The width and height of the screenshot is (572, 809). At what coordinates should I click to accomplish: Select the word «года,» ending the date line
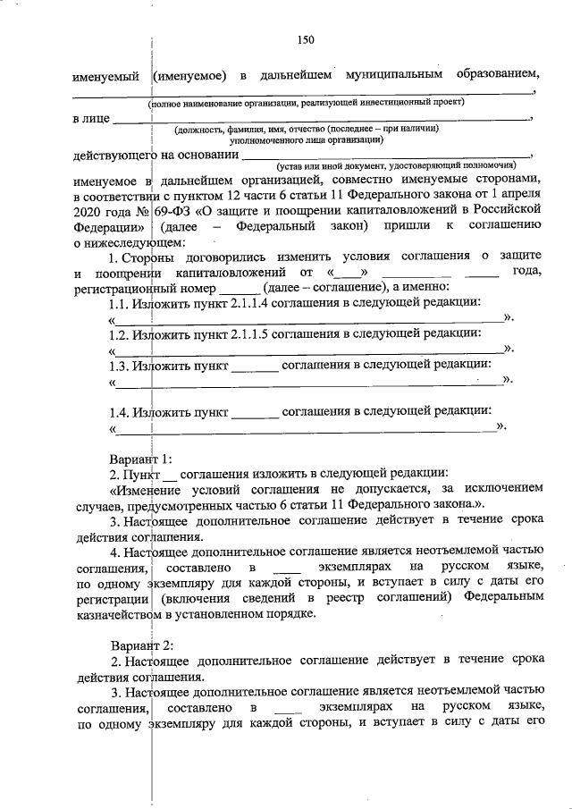pyautogui.click(x=522, y=272)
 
